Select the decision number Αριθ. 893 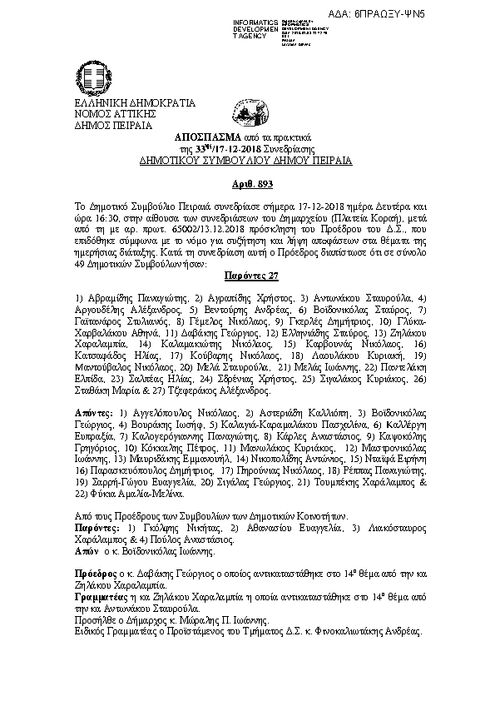(x=249, y=182)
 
